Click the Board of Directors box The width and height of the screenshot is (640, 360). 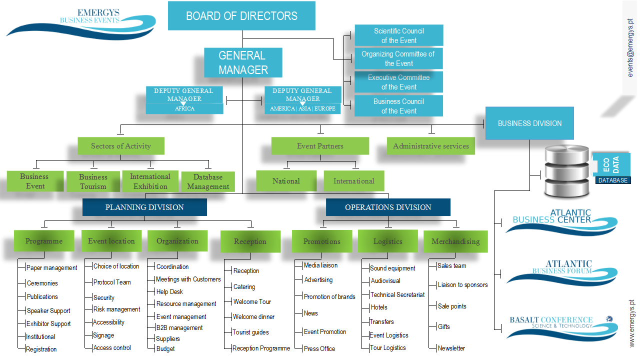[241, 15]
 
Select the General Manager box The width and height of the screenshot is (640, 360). [243, 62]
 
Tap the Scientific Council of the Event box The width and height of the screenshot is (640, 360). [398, 35]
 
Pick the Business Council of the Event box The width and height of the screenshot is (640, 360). [398, 106]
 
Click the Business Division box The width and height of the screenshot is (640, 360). [529, 123]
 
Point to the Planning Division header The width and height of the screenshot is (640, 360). [144, 207]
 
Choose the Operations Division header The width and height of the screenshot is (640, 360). [388, 207]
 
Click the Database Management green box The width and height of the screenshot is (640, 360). [208, 181]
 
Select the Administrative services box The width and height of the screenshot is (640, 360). [430, 146]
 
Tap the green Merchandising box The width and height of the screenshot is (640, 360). [455, 241]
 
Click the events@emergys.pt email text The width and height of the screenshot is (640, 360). [630, 48]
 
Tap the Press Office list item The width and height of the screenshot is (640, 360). [319, 348]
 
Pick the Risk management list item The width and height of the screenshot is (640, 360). [116, 309]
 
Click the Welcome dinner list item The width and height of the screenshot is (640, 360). [253, 316]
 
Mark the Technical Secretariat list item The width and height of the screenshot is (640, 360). [397, 294]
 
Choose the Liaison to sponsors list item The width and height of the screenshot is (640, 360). [462, 285]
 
